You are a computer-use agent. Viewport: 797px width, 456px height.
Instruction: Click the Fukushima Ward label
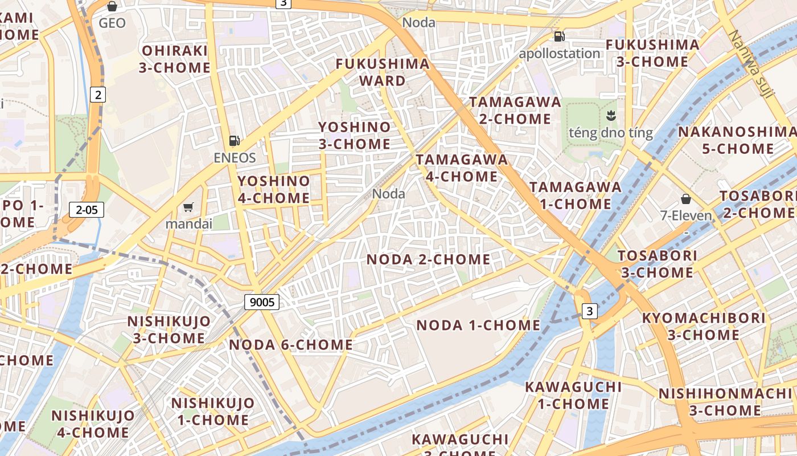pyautogui.click(x=382, y=72)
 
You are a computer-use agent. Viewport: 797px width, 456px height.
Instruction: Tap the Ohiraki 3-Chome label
pyautogui.click(x=175, y=59)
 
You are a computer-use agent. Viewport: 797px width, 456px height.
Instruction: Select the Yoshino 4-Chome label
pyautogui.click(x=274, y=190)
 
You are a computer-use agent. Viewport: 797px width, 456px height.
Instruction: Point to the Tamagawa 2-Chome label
pyautogui.click(x=515, y=111)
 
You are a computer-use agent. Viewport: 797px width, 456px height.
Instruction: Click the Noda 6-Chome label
pyautogui.click(x=291, y=345)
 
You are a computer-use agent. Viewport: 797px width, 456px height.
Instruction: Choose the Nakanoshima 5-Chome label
pyautogui.click(x=737, y=140)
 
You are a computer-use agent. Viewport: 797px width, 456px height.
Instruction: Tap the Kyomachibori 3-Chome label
pyautogui.click(x=703, y=326)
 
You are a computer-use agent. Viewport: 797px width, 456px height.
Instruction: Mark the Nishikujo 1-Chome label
pyautogui.click(x=212, y=412)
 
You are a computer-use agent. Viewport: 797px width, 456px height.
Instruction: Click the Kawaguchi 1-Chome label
pyautogui.click(x=573, y=395)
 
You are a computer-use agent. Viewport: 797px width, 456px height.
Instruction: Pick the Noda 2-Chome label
pyautogui.click(x=428, y=259)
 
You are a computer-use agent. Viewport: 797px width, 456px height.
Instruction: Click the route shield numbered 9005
pyautogui.click(x=262, y=302)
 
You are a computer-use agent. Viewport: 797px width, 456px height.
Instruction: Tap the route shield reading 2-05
pyautogui.click(x=87, y=210)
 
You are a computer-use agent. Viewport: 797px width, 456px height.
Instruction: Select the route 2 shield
pyautogui.click(x=98, y=95)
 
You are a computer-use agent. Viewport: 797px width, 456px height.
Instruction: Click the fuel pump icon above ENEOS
pyautogui.click(x=234, y=140)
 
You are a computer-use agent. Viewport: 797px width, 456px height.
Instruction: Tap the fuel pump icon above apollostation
pyautogui.click(x=560, y=36)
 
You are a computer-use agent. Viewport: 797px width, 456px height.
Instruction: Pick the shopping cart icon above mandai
pyautogui.click(x=188, y=206)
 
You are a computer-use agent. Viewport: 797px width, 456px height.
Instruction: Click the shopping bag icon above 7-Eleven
pyautogui.click(x=686, y=199)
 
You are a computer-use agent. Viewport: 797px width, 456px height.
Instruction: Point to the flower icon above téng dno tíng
pyautogui.click(x=611, y=116)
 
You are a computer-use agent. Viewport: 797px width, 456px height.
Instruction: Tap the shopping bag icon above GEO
pyautogui.click(x=112, y=6)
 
